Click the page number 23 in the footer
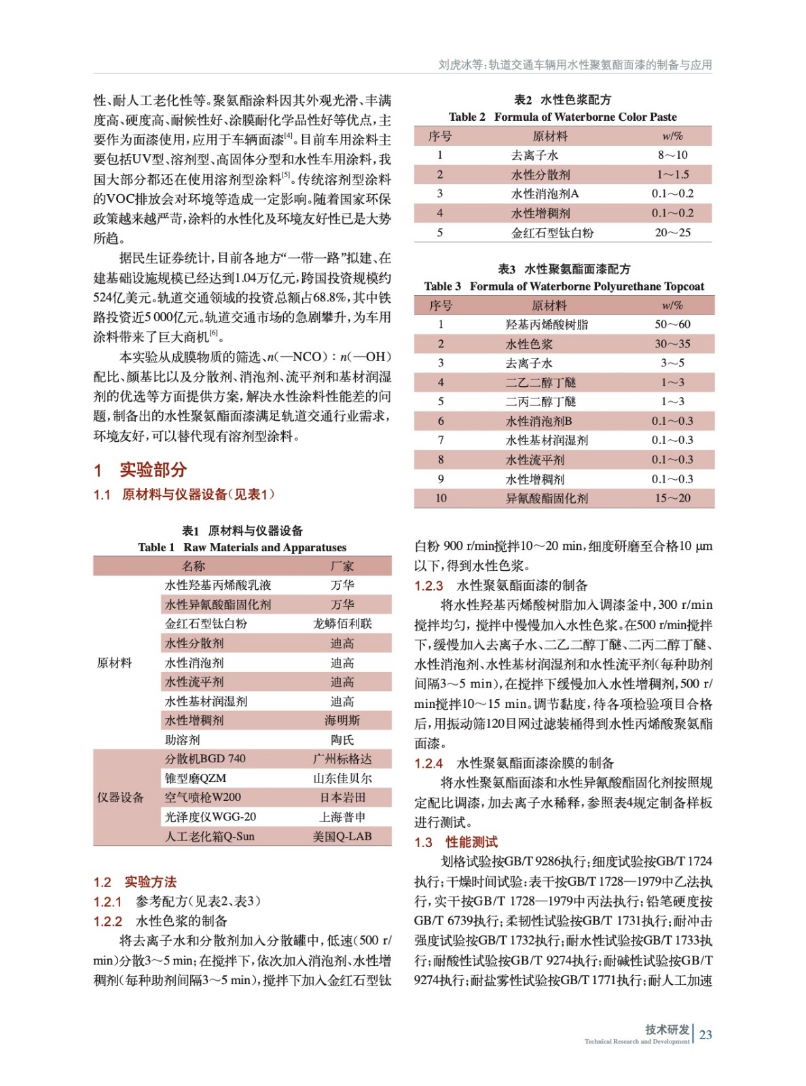706,1034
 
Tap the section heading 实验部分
153,470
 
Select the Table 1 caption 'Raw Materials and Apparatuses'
242,548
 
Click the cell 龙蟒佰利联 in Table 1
342,624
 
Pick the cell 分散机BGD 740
205,759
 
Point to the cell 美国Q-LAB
342,836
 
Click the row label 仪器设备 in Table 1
120,798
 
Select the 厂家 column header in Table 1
342,566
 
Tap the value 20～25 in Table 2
672,233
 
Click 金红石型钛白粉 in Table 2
552,233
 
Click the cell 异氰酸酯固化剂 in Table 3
547,498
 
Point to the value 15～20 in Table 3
672,498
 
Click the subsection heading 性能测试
471,842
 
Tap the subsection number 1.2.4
428,764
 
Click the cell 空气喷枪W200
202,798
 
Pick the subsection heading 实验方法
150,882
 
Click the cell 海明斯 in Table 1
342,720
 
